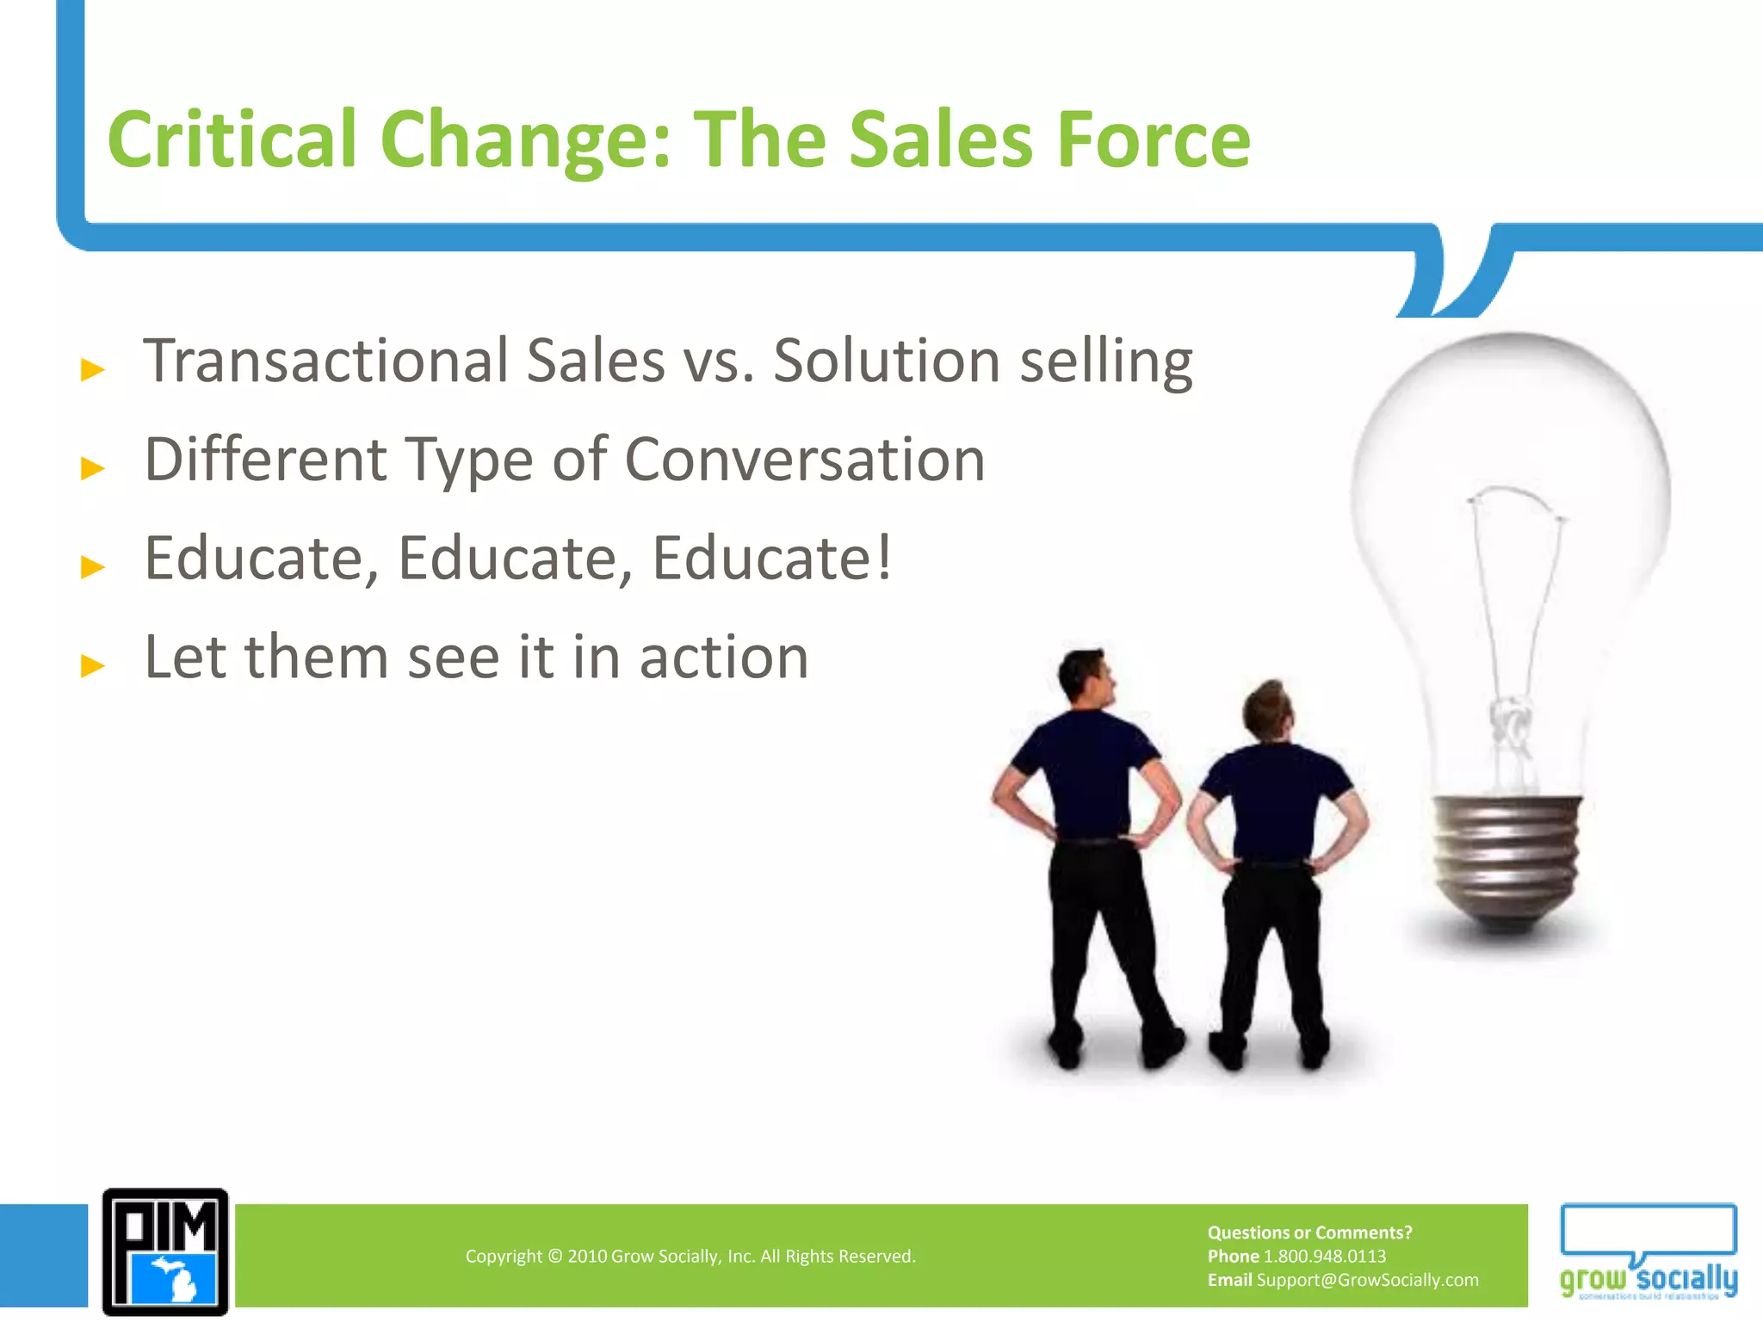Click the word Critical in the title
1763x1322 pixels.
231,139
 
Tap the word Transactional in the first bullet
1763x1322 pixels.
325,361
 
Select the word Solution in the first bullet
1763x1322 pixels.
886,361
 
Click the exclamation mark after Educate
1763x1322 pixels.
881,558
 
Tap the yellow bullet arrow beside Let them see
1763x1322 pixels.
92,665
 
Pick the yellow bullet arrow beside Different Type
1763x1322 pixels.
92,468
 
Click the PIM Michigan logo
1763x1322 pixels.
165,1251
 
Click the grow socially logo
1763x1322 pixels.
1648,1251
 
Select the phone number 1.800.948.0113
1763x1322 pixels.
1324,1256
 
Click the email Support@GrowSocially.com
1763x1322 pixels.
1367,1280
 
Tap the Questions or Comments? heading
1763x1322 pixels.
1309,1232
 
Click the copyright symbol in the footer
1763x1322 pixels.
554,1257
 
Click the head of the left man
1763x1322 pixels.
1086,676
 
